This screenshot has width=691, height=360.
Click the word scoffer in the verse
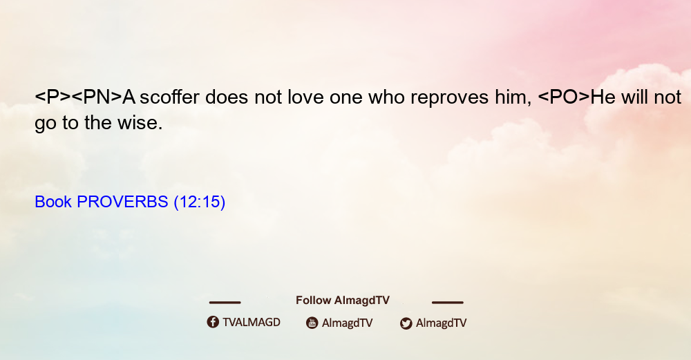(x=169, y=97)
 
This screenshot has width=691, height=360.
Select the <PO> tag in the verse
(x=564, y=97)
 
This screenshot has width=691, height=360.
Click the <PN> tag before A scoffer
(x=97, y=97)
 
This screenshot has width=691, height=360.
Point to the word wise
(x=140, y=122)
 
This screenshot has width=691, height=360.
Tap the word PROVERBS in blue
(x=122, y=202)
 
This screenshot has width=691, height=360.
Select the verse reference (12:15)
(x=200, y=202)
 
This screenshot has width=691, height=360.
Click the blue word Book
(x=53, y=202)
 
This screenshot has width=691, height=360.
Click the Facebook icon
(x=213, y=322)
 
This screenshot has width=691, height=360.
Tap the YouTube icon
(x=312, y=323)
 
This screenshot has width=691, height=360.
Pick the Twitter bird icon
(x=406, y=323)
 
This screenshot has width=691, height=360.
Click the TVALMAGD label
(x=252, y=322)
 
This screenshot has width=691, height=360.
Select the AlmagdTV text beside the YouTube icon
(x=348, y=323)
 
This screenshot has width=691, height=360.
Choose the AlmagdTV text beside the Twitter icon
(x=441, y=323)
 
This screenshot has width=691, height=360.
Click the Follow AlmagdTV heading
(x=343, y=300)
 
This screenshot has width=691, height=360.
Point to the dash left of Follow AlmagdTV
(x=225, y=302)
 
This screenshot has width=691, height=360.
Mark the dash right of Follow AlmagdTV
(x=448, y=302)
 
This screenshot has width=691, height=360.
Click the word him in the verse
(x=513, y=97)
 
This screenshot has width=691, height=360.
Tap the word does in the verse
(x=227, y=97)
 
